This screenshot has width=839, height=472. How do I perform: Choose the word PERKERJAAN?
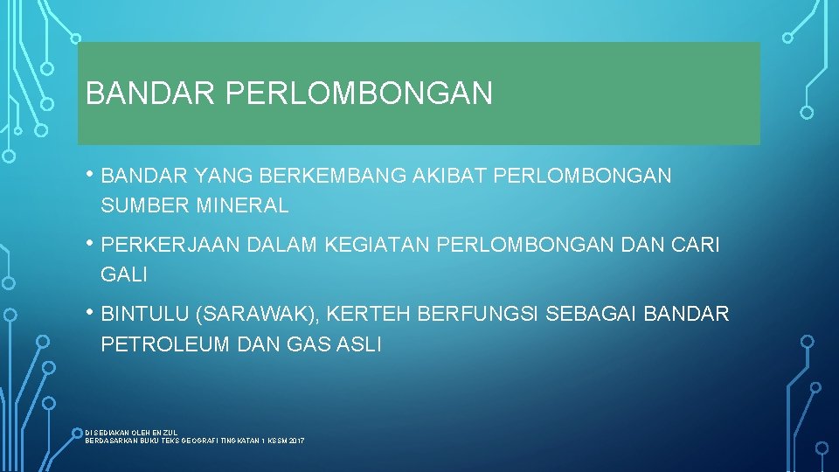click(x=171, y=245)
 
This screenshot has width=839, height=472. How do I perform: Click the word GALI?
click(x=124, y=275)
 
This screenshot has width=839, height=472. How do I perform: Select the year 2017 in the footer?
click(x=295, y=441)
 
